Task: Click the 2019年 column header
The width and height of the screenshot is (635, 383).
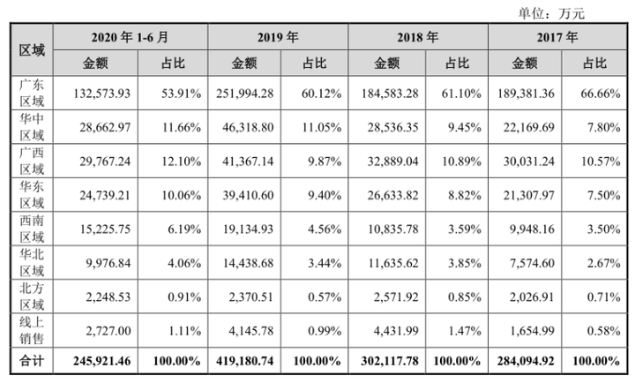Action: (278, 38)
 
